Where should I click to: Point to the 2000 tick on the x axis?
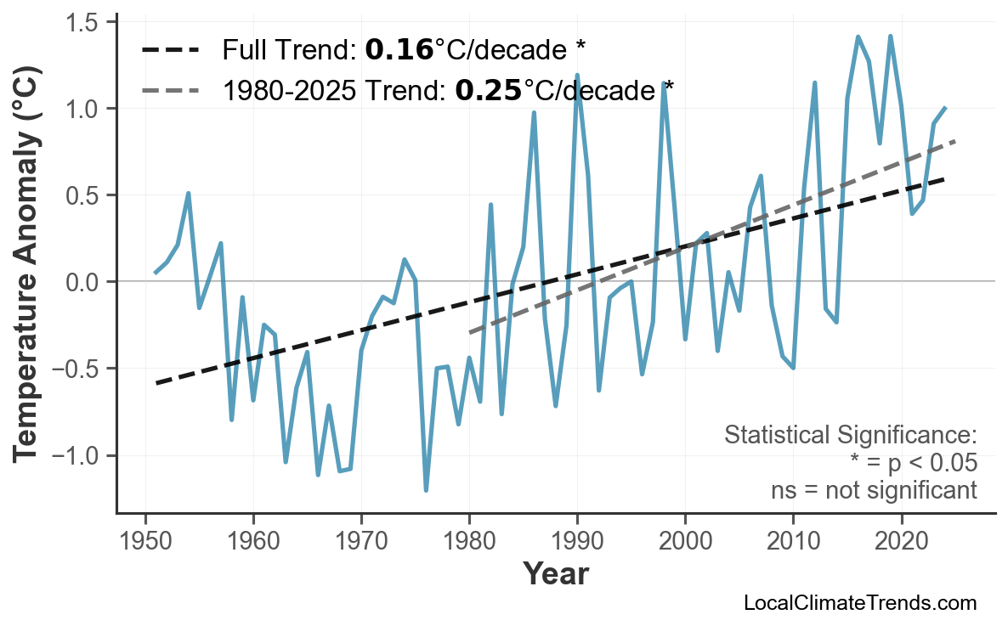[x=685, y=516]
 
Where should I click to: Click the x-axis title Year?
[x=555, y=575]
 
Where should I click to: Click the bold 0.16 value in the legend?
[x=399, y=51]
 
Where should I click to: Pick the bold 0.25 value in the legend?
[x=488, y=90]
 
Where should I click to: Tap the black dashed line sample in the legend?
[x=170, y=51]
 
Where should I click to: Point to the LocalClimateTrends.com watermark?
[x=859, y=604]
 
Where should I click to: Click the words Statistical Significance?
[x=850, y=436]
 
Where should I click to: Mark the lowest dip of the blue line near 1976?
[x=426, y=490]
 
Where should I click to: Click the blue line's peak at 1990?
[x=577, y=76]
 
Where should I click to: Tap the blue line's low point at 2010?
[x=793, y=368]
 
